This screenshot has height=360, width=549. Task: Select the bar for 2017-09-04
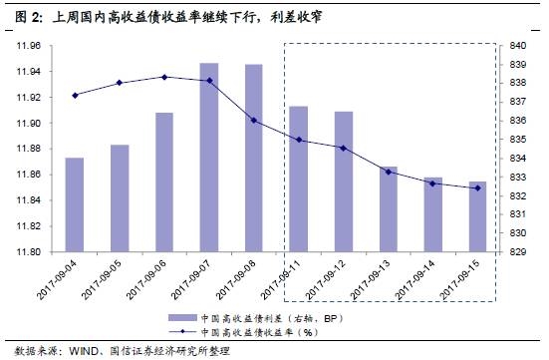pos(75,203)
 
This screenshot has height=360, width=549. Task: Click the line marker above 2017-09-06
pos(164,77)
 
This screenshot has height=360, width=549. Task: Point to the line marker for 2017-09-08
pos(254,120)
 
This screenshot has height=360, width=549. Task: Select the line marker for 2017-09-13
pos(389,172)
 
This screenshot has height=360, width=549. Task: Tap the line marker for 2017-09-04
pos(75,95)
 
